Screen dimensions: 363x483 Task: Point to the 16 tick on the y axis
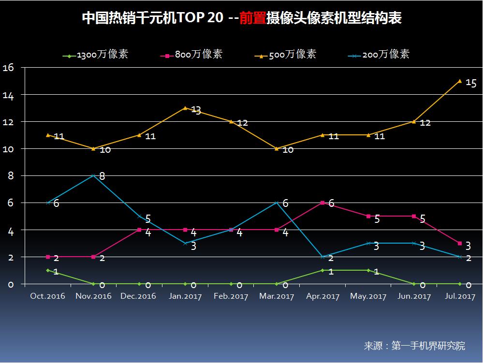(8, 68)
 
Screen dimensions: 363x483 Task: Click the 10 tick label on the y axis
(8, 149)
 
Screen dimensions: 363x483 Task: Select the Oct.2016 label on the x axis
(48, 296)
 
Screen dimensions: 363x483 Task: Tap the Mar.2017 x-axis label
(277, 296)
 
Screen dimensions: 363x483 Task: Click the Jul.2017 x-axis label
(459, 296)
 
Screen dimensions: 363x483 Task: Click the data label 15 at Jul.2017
(471, 83)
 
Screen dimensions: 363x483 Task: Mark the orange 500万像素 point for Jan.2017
(185, 108)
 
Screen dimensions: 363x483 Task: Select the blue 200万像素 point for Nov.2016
(93, 175)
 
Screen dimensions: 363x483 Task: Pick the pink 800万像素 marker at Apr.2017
(322, 203)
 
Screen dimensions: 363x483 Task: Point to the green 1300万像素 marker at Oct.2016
(48, 270)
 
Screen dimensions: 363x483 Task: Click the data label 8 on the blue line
(102, 176)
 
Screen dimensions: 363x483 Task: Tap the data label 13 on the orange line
(196, 110)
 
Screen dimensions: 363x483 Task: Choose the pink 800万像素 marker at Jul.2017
(460, 243)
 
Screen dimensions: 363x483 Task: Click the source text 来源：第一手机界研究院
(414, 346)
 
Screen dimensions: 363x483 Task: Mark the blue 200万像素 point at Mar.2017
(277, 203)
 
